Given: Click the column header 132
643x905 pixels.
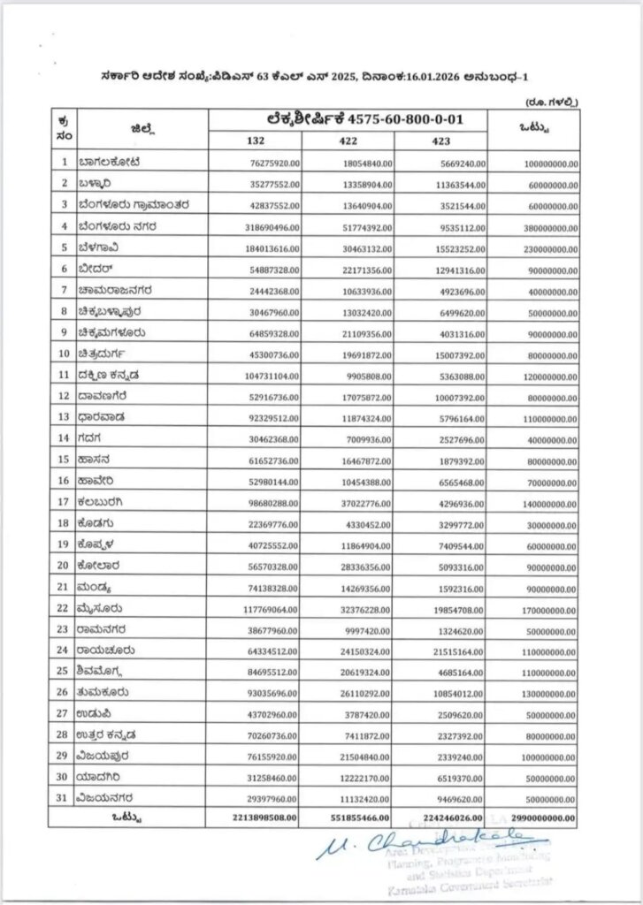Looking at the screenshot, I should [256, 141].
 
